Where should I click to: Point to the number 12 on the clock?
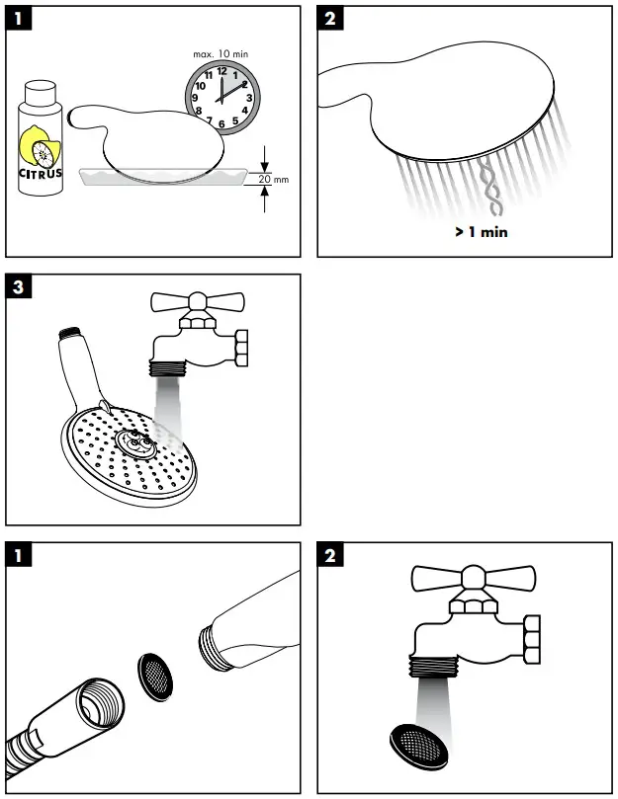[221, 71]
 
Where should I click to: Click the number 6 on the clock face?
[221, 123]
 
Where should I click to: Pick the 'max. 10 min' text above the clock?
[221, 51]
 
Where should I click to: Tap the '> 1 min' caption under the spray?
[482, 233]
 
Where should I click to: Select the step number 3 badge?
[20, 288]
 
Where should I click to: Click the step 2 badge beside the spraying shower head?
[331, 21]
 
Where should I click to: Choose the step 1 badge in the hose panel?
[20, 556]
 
